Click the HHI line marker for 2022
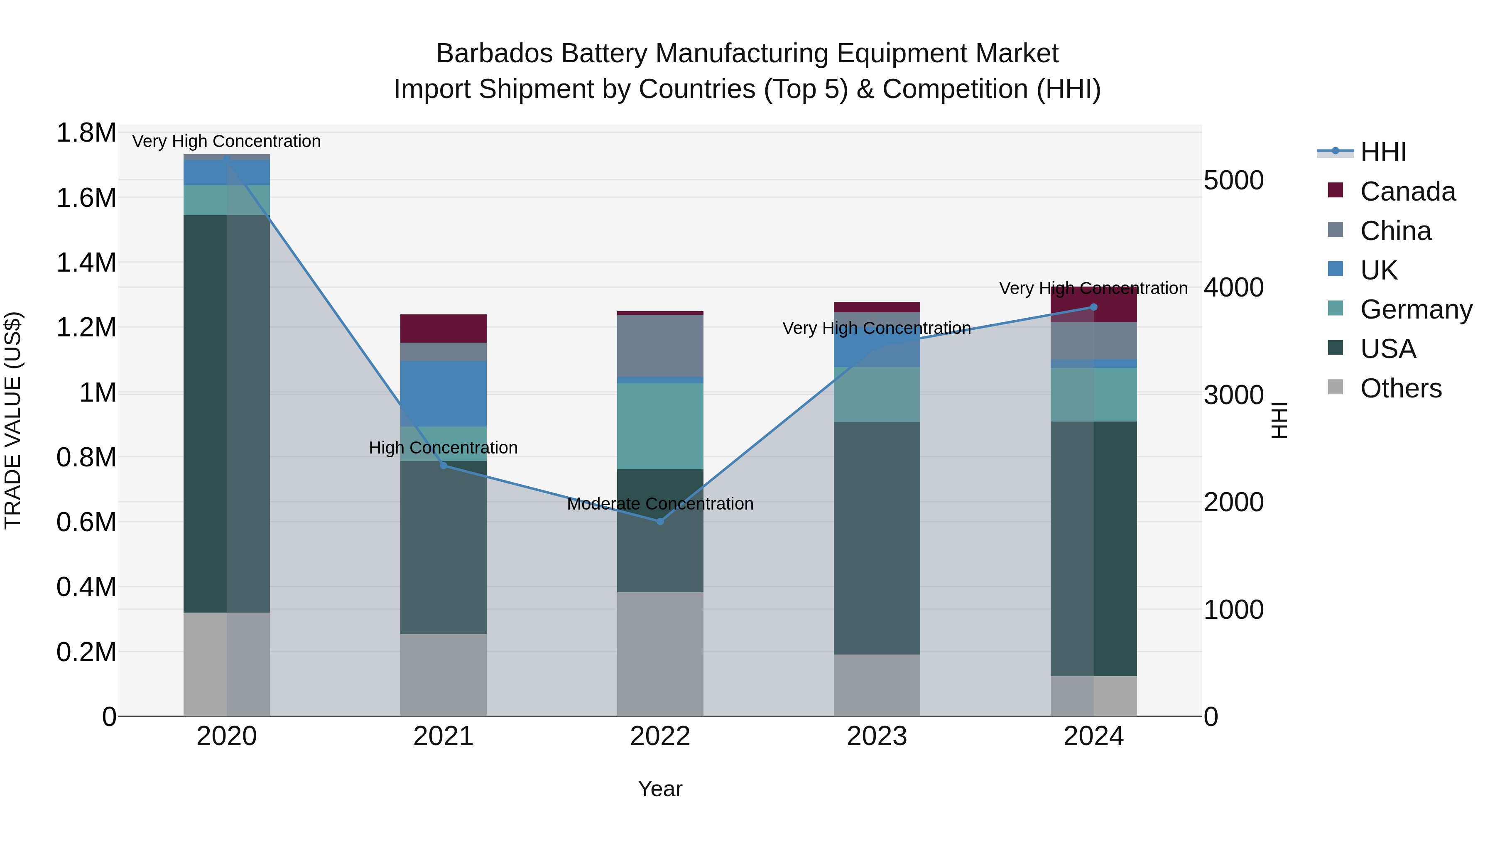click(x=660, y=521)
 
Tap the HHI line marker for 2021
click(x=444, y=466)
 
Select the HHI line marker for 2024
click(x=1093, y=307)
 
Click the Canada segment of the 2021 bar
click(x=444, y=329)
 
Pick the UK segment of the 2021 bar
click(x=444, y=394)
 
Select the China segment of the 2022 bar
click(x=660, y=346)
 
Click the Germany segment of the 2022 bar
click(x=660, y=426)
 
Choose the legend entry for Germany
click(x=1416, y=309)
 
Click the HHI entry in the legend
click(x=1383, y=152)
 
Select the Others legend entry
click(x=1400, y=388)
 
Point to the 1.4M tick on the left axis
click(x=86, y=263)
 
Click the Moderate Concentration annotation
click(x=660, y=503)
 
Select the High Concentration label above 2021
click(x=444, y=447)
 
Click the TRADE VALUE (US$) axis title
click(x=13, y=420)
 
